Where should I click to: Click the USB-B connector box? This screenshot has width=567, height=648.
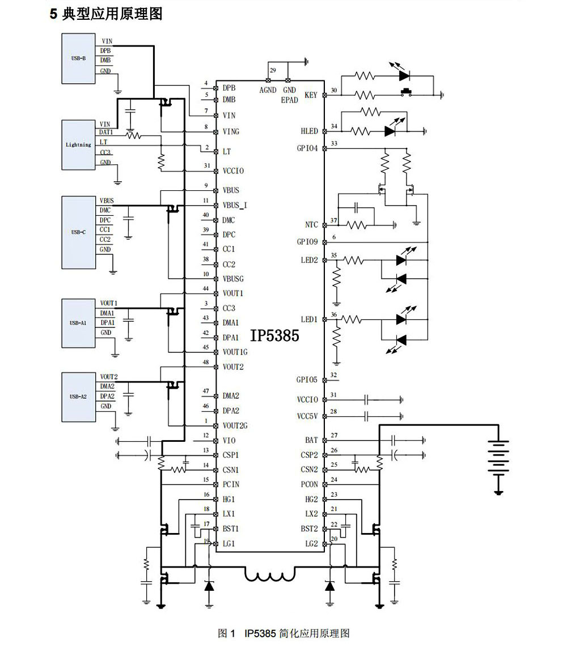(79, 59)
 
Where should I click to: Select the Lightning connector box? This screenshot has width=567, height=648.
(79, 144)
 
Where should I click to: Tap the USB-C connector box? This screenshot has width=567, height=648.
(79, 232)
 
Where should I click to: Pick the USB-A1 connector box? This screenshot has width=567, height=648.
(79, 323)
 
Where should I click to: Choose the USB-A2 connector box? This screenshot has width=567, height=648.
(79, 397)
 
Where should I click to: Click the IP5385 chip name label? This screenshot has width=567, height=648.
(274, 335)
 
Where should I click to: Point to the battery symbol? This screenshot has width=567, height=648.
(498, 459)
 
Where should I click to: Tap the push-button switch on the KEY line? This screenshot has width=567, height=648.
(406, 92)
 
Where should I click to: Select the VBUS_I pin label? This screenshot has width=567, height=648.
(235, 206)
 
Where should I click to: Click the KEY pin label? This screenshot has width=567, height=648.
(311, 95)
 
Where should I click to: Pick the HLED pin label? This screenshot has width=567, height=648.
(310, 131)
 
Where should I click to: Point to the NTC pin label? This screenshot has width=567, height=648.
(311, 225)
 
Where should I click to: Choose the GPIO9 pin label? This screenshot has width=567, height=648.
(307, 242)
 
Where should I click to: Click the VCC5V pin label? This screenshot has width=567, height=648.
(307, 416)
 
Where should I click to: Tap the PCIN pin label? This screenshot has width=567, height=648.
(231, 484)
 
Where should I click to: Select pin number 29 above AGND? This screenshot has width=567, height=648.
(273, 71)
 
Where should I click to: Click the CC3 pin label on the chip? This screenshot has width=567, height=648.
(229, 308)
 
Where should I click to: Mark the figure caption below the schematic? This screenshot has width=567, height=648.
(283, 633)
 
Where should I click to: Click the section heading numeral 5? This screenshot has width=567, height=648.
(53, 14)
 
